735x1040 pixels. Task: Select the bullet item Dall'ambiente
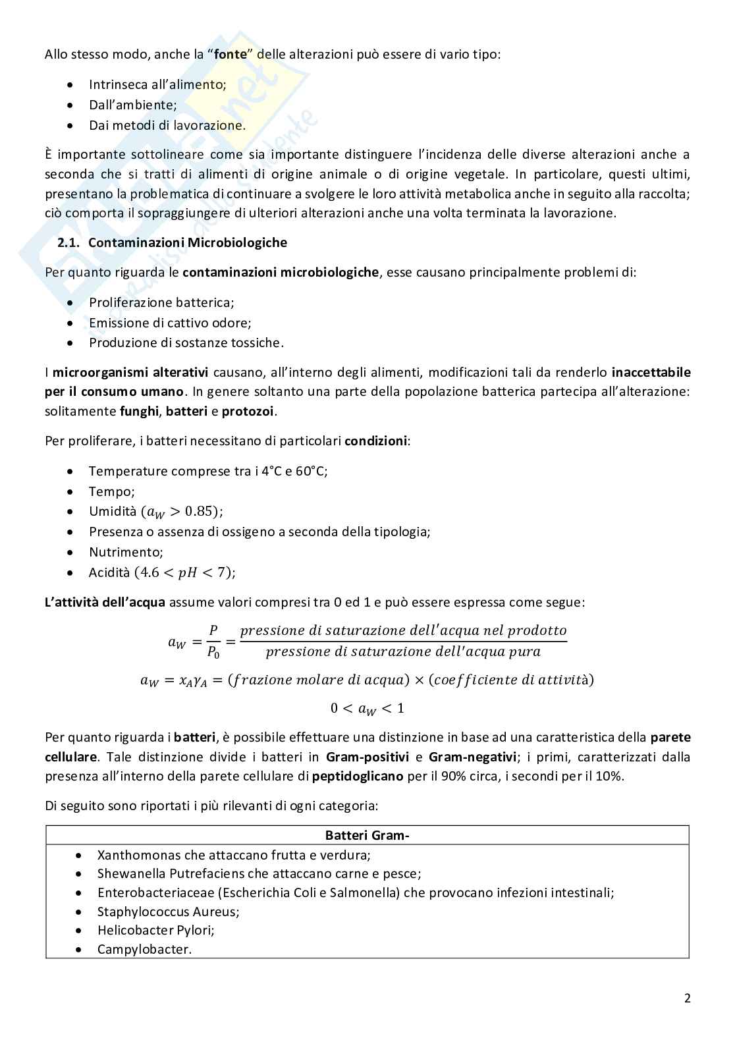pyautogui.click(x=132, y=105)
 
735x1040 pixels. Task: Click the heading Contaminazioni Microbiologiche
pyautogui.click(x=188, y=242)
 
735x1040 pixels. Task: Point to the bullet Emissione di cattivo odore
pyautogui.click(x=170, y=323)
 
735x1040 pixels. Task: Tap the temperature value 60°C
pyautogui.click(x=313, y=471)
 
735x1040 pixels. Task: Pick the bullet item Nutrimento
pyautogui.click(x=125, y=552)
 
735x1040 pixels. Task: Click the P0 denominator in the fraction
pyautogui.click(x=213, y=653)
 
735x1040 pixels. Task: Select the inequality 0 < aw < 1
pyautogui.click(x=367, y=709)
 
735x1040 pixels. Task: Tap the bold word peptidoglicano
pyautogui.click(x=358, y=776)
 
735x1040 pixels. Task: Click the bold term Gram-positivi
pyautogui.click(x=367, y=757)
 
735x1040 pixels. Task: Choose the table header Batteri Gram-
pyautogui.click(x=367, y=836)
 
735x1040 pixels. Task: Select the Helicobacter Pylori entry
pyautogui.click(x=155, y=930)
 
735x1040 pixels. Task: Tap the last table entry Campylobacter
pyautogui.click(x=144, y=949)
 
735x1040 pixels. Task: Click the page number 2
pyautogui.click(x=687, y=999)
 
